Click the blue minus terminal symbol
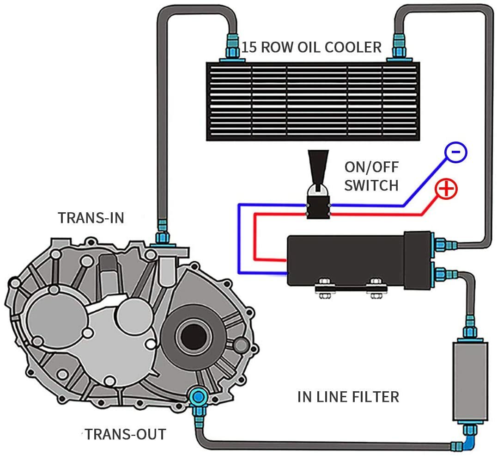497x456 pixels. (455, 152)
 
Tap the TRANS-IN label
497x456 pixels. (91, 218)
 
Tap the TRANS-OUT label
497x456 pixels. (125, 434)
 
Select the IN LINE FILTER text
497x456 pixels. (348, 396)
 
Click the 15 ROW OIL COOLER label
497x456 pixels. (312, 47)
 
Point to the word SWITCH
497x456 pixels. (371, 185)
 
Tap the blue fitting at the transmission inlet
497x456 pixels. (162, 233)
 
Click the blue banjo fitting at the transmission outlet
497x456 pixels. (198, 396)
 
